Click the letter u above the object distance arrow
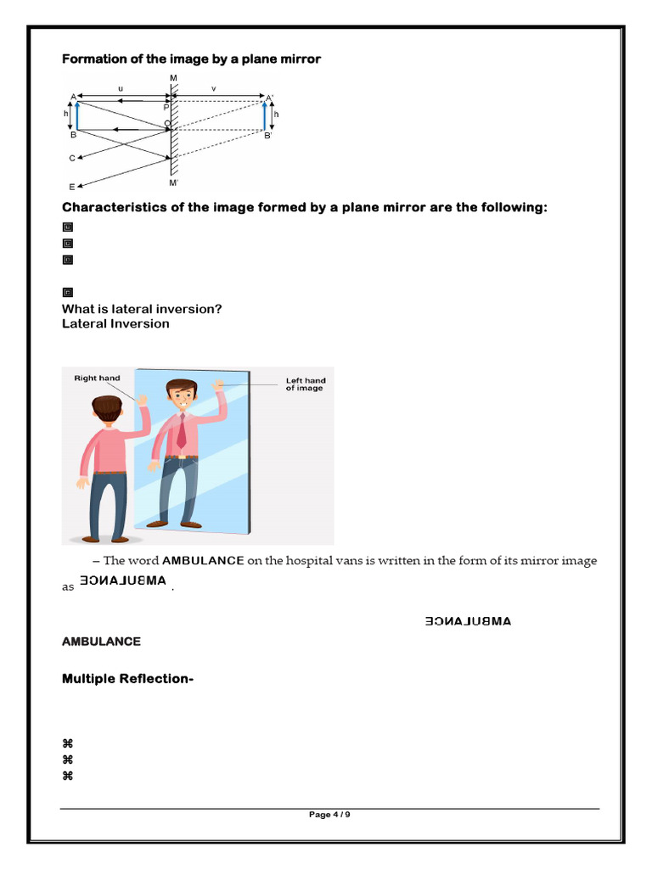pos(121,87)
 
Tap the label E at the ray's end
pos(72,187)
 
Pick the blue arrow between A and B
pos(78,115)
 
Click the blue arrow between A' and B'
pos(264,115)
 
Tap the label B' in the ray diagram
pos(268,136)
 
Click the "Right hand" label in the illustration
pos(97,378)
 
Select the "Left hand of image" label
pos(305,384)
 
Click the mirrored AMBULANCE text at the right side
pos(468,621)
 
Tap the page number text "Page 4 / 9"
pos(329,815)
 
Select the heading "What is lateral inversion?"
pos(142,309)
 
